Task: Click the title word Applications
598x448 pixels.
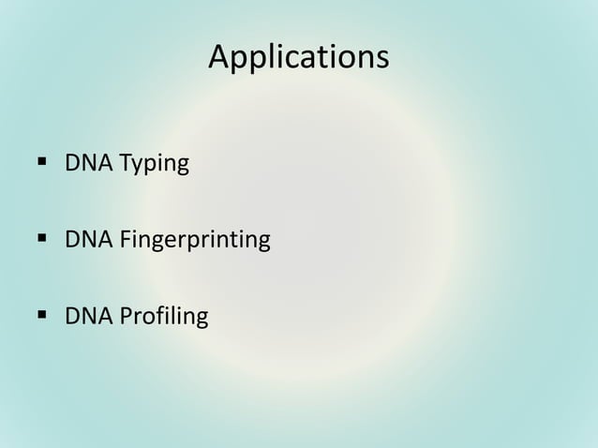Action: click(x=298, y=57)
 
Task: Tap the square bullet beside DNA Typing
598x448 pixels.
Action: click(x=42, y=164)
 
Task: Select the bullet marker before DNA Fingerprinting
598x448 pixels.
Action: click(x=42, y=240)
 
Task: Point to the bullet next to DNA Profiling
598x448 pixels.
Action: click(x=42, y=316)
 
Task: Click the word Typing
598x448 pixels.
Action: click(x=152, y=166)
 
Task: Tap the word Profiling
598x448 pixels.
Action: click(x=161, y=318)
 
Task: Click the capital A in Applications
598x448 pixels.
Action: click(x=218, y=57)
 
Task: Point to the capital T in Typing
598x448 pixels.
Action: click(x=122, y=165)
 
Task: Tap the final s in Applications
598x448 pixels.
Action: click(x=381, y=59)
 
